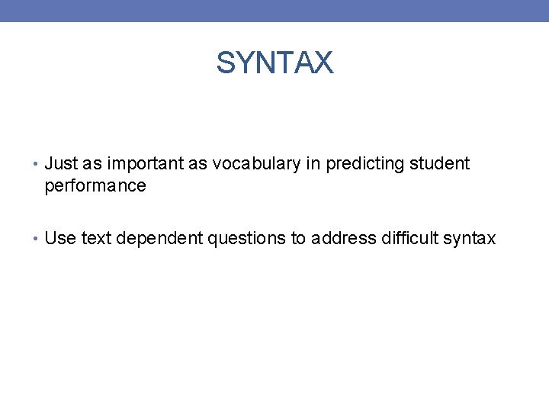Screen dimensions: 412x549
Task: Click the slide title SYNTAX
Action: point(274,63)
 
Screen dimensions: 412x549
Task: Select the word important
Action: point(141,163)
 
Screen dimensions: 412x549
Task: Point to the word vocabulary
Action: point(248,163)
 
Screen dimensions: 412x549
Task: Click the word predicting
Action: point(364,163)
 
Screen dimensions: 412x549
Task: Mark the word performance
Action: point(95,185)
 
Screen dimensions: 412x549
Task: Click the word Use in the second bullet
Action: point(60,239)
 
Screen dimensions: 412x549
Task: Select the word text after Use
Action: point(95,239)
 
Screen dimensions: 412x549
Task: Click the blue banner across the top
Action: point(274,10)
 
